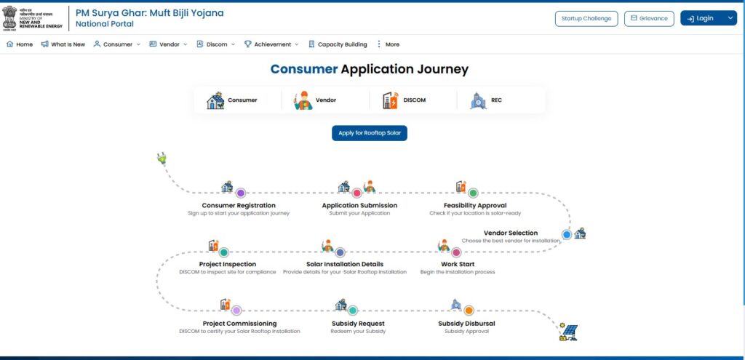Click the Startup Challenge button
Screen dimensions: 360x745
pos(586,18)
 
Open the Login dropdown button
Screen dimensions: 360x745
pos(708,18)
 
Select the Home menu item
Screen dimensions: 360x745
pos(20,44)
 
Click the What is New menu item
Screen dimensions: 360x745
pos(63,44)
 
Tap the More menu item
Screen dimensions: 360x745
pos(388,44)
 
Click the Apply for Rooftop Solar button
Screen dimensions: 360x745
pos(370,133)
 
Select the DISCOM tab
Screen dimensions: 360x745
pos(404,100)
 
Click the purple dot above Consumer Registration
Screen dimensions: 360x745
pos(240,193)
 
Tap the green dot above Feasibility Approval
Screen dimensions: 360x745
pos(473,193)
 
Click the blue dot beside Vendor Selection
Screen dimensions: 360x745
pos(567,234)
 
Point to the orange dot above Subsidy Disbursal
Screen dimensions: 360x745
pos(469,311)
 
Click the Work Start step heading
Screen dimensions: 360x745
pos(457,264)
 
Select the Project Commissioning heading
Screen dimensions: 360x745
pos(239,324)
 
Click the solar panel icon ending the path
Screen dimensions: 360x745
pos(568,332)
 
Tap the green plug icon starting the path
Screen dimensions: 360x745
pos(162,157)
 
